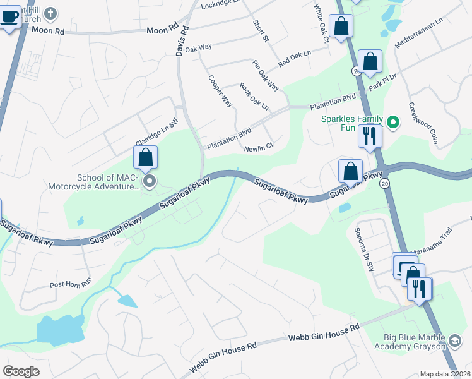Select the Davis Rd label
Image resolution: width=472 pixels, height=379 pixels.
(184, 40)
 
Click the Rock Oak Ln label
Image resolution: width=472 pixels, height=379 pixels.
(254, 96)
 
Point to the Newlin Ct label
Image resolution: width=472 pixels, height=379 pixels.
(259, 147)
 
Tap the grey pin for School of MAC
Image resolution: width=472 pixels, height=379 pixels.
(150, 183)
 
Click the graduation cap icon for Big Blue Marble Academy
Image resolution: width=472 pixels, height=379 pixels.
(454, 342)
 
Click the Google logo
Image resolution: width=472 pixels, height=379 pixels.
(21, 371)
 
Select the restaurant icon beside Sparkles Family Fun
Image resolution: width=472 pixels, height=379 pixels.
(369, 136)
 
